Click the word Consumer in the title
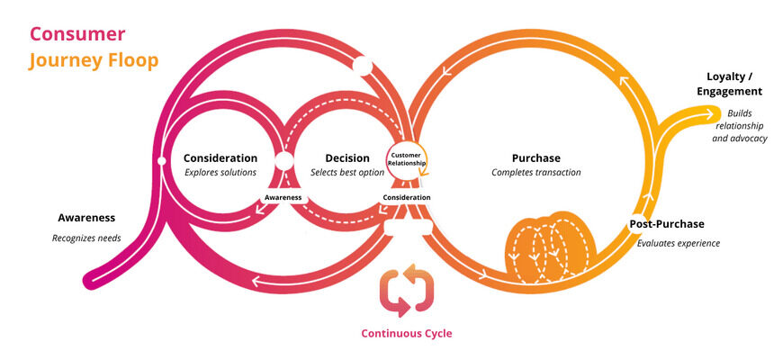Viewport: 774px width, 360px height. pos(77,33)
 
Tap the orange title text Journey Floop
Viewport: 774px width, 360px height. pos(94,60)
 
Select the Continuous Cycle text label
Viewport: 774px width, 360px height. pos(407,333)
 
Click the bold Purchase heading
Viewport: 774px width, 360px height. pos(536,157)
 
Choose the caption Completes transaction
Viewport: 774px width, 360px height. pos(536,172)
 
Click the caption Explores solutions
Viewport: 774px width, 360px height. pos(220,172)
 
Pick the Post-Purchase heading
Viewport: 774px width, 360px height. pos(666,224)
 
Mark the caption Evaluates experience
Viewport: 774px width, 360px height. pos(678,243)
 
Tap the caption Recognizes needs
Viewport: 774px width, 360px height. pos(86,238)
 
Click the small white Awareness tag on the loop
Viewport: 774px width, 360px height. pos(283,198)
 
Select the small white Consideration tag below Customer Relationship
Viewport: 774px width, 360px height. pos(407,197)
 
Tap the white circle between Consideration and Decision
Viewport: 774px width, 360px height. pos(284,162)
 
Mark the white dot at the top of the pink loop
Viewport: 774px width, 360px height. pos(362,67)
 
